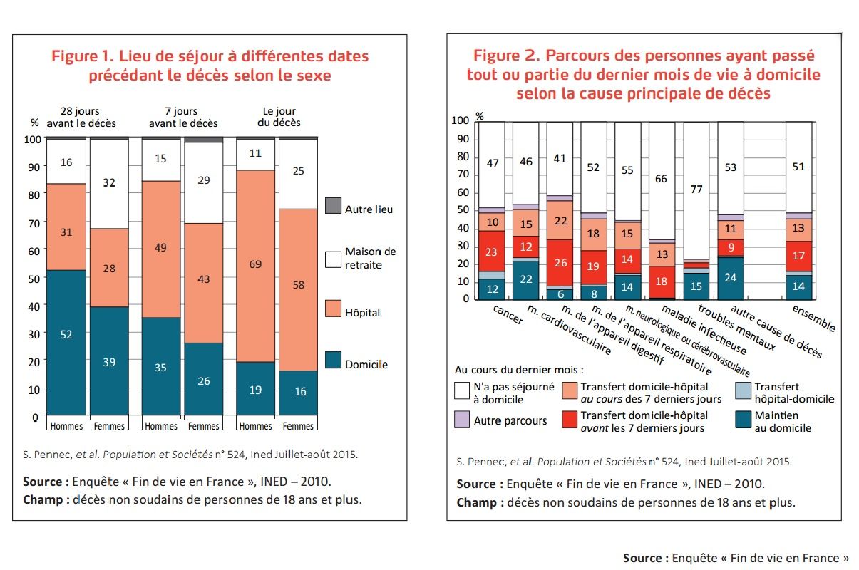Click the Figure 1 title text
(x=210, y=65)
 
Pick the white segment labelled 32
(x=108, y=184)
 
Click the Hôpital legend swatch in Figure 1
(x=333, y=309)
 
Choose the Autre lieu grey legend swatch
(x=333, y=206)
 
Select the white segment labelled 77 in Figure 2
(x=696, y=190)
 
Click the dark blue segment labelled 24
(x=730, y=278)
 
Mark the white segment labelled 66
(x=662, y=180)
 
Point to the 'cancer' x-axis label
(x=508, y=314)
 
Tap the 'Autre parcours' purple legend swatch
(x=462, y=420)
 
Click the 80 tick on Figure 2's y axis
(x=461, y=157)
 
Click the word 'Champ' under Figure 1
(x=45, y=499)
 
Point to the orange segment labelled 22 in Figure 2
(x=560, y=220)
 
